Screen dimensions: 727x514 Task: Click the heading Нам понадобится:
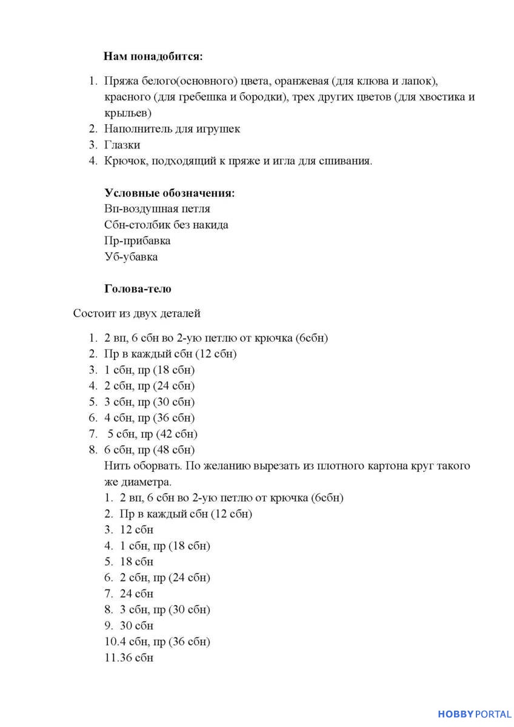[x=153, y=56]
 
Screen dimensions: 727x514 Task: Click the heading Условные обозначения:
[x=169, y=193]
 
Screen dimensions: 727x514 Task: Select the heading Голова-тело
[x=138, y=289]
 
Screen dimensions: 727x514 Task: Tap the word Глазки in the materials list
[x=122, y=145]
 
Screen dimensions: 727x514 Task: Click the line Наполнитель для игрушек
[x=172, y=128]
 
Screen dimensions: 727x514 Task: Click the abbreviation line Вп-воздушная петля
[x=157, y=209]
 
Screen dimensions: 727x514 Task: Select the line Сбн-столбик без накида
[x=166, y=225]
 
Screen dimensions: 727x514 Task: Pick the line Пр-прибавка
[x=137, y=241]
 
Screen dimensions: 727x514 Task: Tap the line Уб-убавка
[x=131, y=257]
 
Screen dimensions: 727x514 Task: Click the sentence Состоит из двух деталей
[x=136, y=313]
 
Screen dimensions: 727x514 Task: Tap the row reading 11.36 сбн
[x=129, y=657]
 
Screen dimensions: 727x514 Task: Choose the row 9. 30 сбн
[x=129, y=625]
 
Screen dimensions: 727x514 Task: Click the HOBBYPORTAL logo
[x=475, y=714]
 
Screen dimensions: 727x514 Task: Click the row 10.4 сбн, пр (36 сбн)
[x=158, y=642]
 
